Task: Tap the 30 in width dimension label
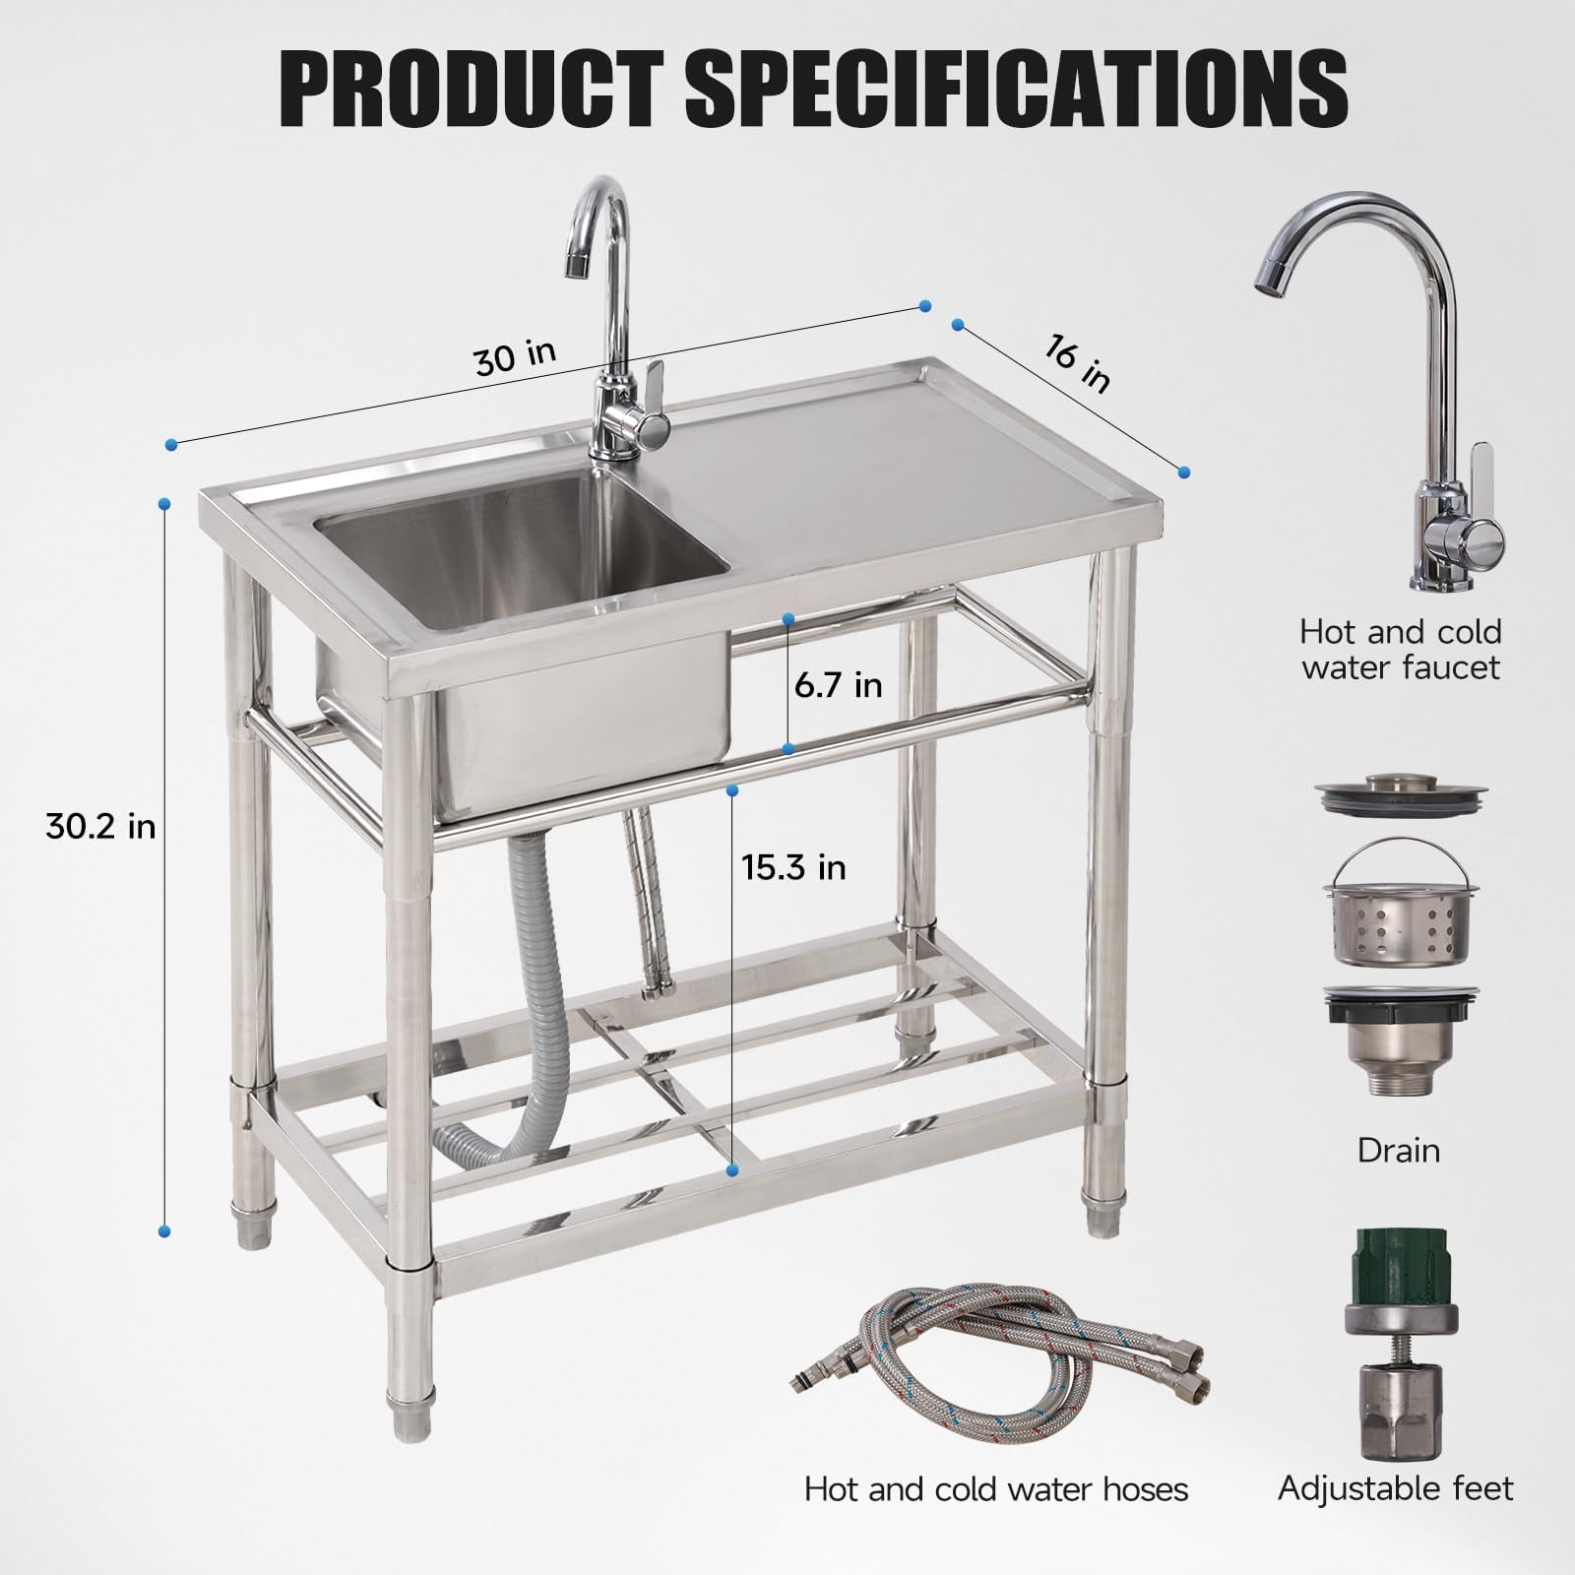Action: (514, 357)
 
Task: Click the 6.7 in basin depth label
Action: (839, 684)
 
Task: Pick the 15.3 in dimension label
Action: (793, 866)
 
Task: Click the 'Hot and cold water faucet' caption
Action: (1400, 649)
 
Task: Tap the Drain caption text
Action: (1398, 1149)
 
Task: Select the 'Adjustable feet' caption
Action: (1395, 1487)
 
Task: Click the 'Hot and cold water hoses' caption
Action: (995, 1488)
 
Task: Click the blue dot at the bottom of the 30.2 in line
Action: (164, 1230)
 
